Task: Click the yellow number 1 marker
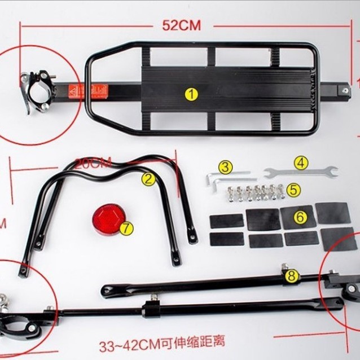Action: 192,94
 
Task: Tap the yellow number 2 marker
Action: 148,179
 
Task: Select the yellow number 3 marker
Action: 225,167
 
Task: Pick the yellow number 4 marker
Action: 301,163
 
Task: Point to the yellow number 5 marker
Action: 293,190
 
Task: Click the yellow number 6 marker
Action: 300,216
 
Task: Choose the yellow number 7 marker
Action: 126,229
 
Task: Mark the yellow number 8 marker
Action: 291,276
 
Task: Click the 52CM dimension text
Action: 182,25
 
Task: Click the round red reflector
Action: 107,219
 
